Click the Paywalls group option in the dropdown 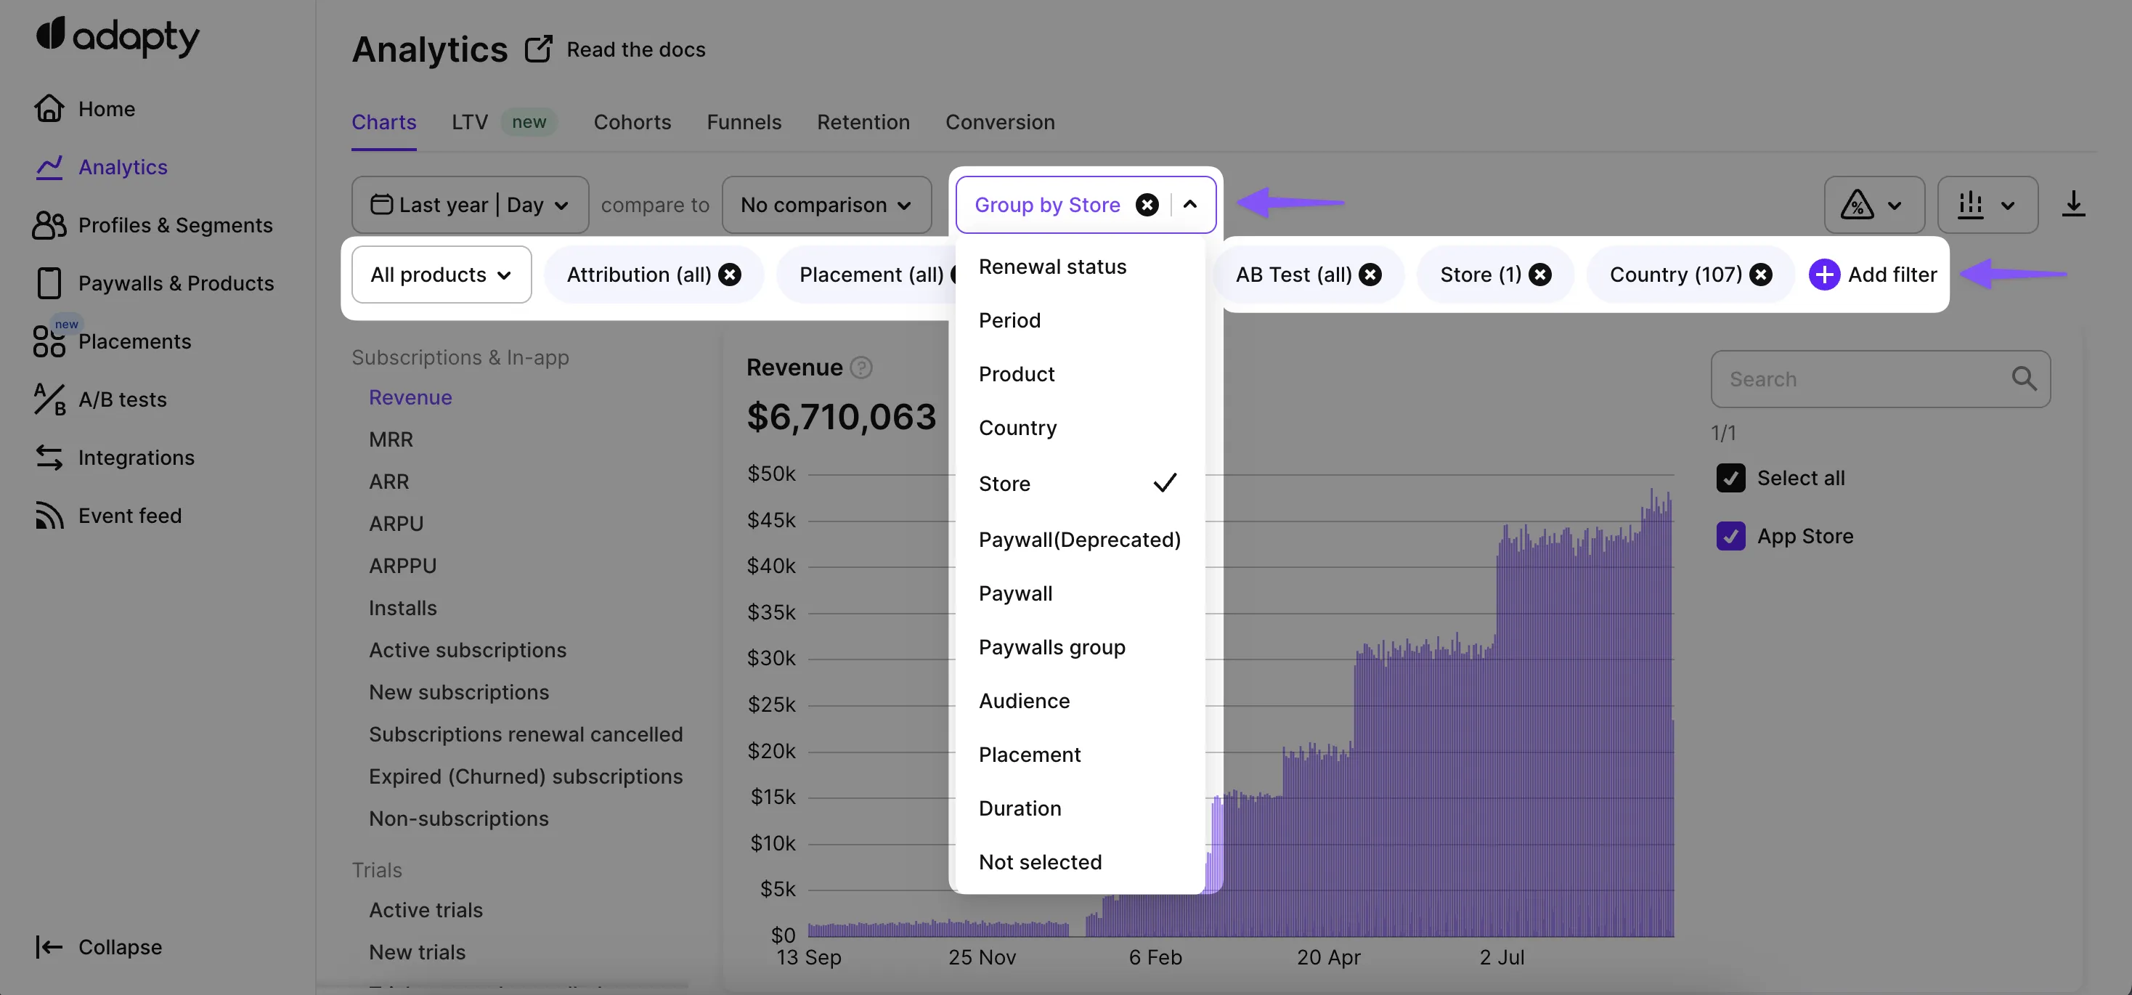coord(1051,647)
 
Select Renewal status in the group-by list coord(1052,267)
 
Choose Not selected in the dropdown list coord(1040,861)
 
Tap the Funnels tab coord(743,122)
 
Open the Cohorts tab coord(632,122)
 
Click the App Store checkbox coord(1730,537)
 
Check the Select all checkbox coord(1730,479)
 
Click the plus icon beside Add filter coord(1823,275)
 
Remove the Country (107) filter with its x coord(1761,275)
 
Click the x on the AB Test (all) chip coord(1370,275)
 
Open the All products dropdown coord(441,275)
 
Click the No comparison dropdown coord(826,205)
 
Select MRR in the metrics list coord(391,439)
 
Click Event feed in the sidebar coord(129,516)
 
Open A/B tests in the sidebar coord(122,400)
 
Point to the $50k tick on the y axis coord(770,474)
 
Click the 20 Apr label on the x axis coord(1328,958)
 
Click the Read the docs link coord(635,49)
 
